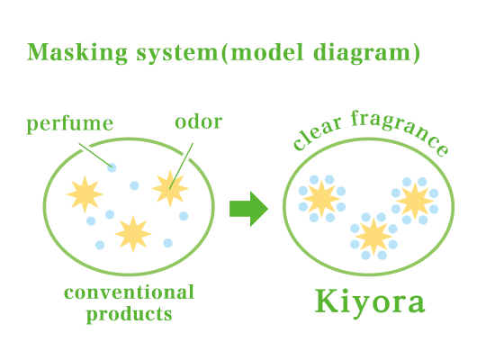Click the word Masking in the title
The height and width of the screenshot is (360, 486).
click(77, 53)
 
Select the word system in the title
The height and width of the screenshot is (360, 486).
click(177, 54)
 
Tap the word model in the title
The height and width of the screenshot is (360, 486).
click(267, 52)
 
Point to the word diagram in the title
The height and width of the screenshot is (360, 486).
click(362, 53)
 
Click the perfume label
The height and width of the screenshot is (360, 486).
click(69, 124)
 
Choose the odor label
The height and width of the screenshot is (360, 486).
click(199, 121)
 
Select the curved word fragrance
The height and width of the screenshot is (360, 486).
click(400, 130)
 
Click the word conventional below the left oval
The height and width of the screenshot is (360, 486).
click(129, 292)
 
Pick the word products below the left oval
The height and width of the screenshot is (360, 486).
click(129, 314)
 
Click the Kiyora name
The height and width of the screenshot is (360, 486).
click(370, 301)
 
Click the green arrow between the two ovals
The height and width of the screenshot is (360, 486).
click(248, 209)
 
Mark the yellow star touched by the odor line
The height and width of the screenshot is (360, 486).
click(170, 188)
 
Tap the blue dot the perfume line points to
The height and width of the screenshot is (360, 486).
click(112, 167)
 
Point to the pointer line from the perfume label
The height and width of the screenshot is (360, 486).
click(95, 156)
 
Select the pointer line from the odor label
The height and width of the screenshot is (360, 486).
click(181, 166)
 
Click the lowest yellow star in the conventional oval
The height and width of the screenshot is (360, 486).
click(133, 234)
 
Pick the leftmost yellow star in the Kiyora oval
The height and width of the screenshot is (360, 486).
click(321, 199)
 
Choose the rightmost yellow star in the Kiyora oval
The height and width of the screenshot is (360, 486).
click(415, 201)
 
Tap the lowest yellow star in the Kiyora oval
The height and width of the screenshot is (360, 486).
click(373, 237)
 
